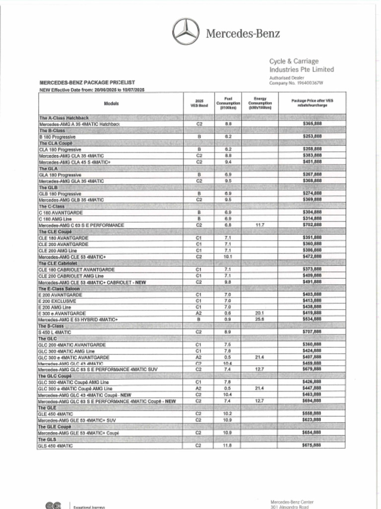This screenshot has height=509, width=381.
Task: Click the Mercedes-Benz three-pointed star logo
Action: pyautogui.click(x=186, y=31)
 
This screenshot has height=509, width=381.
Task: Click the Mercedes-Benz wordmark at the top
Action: pyautogui.click(x=243, y=34)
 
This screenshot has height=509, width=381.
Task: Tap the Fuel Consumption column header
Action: pyautogui.click(x=228, y=103)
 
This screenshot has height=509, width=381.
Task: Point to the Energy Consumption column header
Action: pyautogui.click(x=260, y=103)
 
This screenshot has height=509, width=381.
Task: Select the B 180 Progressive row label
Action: pyautogui.click(x=57, y=136)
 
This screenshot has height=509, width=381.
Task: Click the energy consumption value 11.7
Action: pyautogui.click(x=260, y=225)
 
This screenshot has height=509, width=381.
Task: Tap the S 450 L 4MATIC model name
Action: pyautogui.click(x=55, y=332)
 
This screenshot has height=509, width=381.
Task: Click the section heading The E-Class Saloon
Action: pyautogui.click(x=60, y=289)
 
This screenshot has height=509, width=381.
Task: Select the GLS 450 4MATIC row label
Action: pyautogui.click(x=56, y=446)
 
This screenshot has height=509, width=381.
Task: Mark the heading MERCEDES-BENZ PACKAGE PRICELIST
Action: pyautogui.click(x=87, y=82)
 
